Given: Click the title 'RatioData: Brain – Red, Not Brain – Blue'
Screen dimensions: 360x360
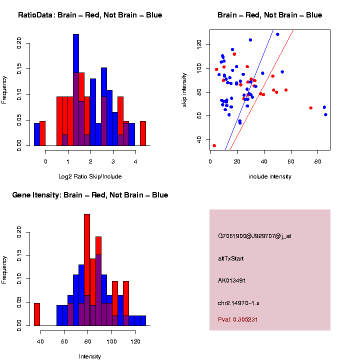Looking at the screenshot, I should pyautogui.click(x=90, y=15).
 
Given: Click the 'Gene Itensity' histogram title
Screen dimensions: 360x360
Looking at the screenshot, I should pyautogui.click(x=90, y=195).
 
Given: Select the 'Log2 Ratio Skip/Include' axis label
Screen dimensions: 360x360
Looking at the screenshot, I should pyautogui.click(x=90, y=176).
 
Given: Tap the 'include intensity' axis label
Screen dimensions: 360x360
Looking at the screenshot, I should pyautogui.click(x=270, y=176).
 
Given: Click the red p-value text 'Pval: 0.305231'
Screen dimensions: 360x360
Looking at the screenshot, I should pyautogui.click(x=238, y=319).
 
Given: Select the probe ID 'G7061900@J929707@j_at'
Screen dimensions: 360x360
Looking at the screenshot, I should pyautogui.click(x=254, y=236).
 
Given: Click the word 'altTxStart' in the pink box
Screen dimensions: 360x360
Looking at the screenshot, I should pyautogui.click(x=231, y=258).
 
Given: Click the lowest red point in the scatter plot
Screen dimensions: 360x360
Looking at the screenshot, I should pyautogui.click(x=214, y=145).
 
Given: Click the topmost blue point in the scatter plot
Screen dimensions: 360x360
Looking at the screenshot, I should pyautogui.click(x=277, y=34).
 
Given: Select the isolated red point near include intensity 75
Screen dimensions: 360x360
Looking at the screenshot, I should pyautogui.click(x=311, y=107).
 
